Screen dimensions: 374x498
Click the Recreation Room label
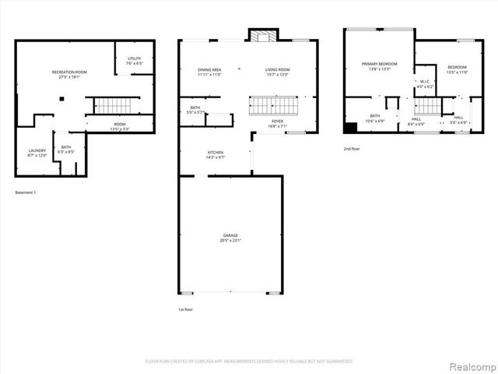pos(69,75)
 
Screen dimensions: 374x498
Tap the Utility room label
pos(135,61)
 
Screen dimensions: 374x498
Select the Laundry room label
pos(37,153)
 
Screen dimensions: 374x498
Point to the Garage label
pos(231,237)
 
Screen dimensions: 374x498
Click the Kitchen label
pos(216,154)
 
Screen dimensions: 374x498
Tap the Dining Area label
pos(210,72)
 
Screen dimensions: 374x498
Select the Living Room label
pos(278,72)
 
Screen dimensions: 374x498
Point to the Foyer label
pos(277,123)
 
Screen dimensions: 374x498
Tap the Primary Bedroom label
pos(379,66)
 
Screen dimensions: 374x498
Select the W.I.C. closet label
pos(425,83)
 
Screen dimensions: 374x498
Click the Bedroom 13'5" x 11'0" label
pos(457,69)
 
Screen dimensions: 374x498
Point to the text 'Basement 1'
pos(26,192)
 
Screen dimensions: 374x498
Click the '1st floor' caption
pos(184,309)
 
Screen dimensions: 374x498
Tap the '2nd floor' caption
pos(352,148)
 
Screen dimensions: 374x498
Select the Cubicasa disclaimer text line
pos(249,362)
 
